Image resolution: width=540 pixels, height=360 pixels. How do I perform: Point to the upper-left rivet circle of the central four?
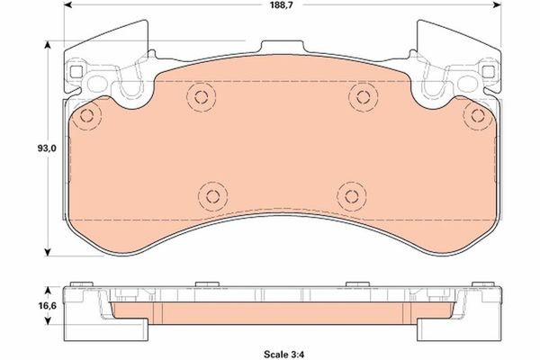(199, 96)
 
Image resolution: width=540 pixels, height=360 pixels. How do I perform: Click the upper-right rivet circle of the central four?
(362, 96)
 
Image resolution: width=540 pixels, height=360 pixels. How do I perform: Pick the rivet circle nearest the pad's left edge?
(86, 116)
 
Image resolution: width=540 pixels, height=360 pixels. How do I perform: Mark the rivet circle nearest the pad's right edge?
(474, 116)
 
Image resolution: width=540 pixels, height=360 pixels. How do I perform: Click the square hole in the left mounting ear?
(76, 69)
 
